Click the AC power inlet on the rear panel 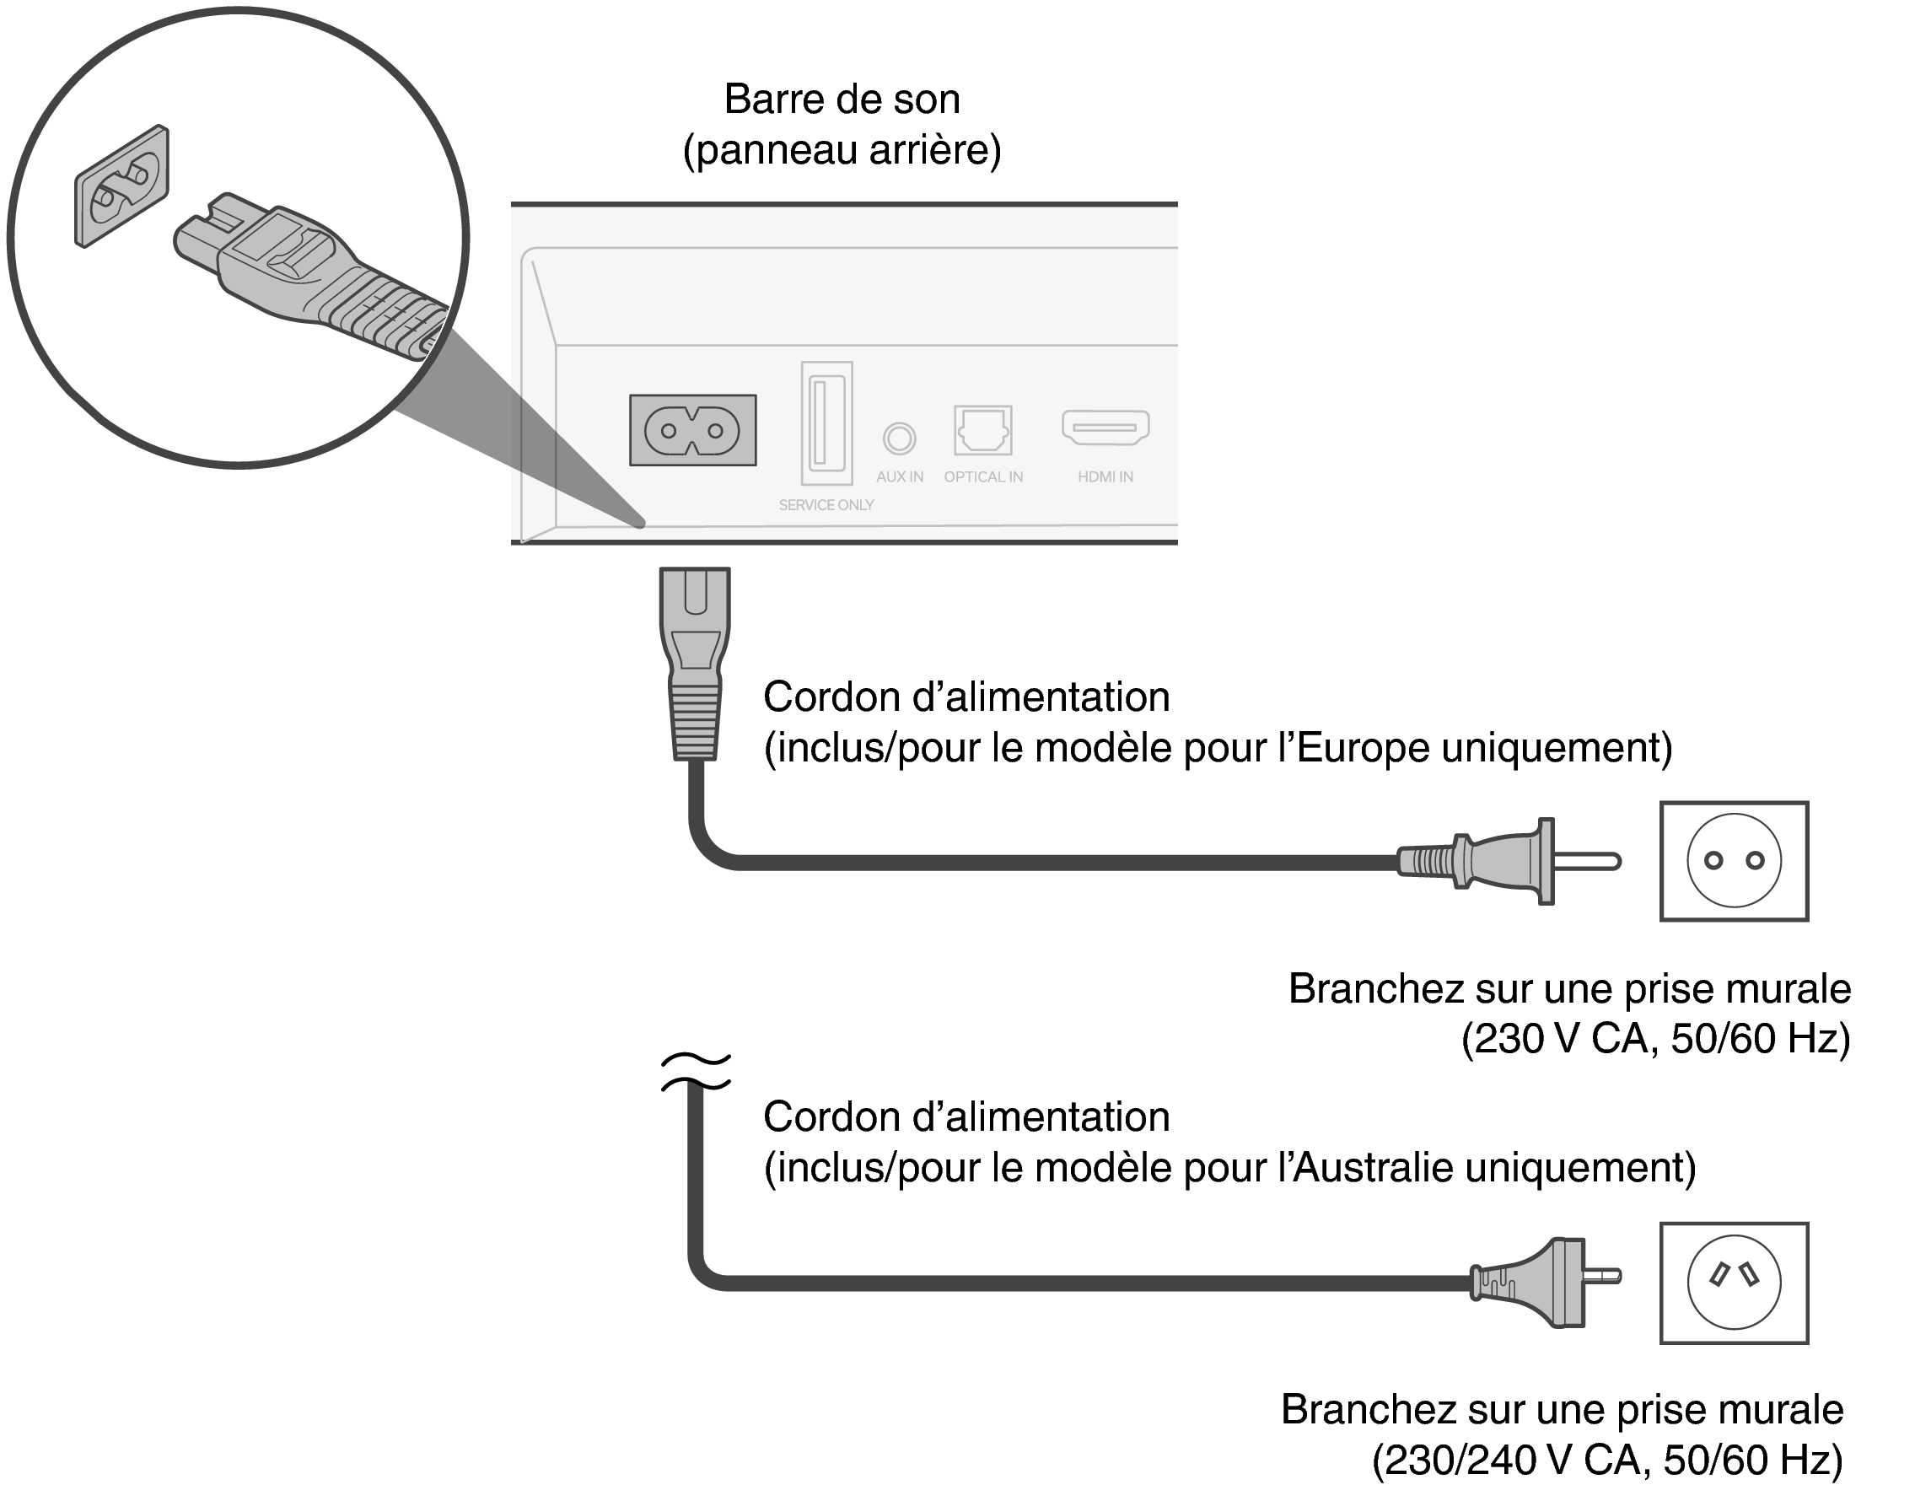click(692, 430)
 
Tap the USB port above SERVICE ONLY click(826, 422)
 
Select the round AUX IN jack click(899, 438)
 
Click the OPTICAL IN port click(982, 430)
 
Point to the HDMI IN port click(1105, 427)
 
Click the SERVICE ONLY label click(826, 505)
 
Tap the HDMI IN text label click(1105, 477)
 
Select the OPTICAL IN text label click(982, 477)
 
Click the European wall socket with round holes click(1733, 861)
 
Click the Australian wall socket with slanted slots click(1733, 1283)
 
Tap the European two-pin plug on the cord click(1507, 861)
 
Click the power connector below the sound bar click(694, 664)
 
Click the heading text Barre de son click(841, 100)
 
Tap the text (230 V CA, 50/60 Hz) click(1656, 1039)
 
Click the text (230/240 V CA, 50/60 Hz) click(1606, 1461)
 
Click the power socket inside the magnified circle click(121, 186)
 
